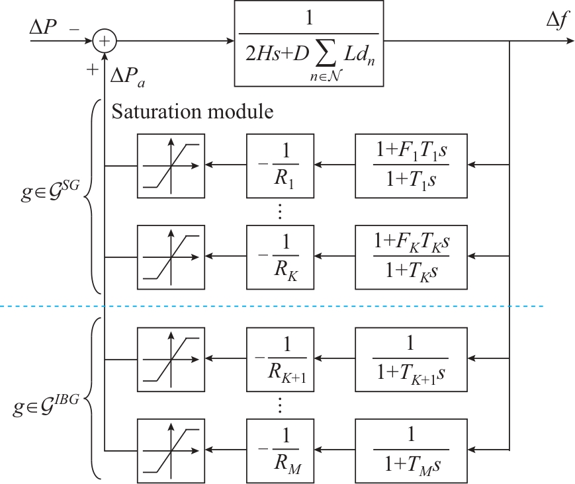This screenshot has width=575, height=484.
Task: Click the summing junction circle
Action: click(x=105, y=40)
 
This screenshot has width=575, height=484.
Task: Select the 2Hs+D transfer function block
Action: click(x=309, y=44)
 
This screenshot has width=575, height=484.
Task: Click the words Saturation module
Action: click(x=192, y=112)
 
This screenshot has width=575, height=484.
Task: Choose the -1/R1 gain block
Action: click(x=279, y=165)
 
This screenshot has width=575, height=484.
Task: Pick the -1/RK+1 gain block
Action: click(x=279, y=360)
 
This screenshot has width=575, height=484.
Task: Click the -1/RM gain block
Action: click(x=279, y=451)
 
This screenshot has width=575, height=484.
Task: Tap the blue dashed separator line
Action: click(x=331, y=306)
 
